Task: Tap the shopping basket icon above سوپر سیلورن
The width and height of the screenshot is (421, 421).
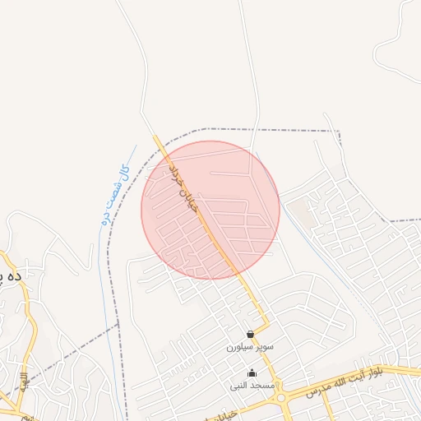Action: pos(250,334)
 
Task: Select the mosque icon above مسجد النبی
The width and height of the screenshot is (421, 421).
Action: pos(252,373)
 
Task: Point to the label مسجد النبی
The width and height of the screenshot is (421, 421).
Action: pos(252,386)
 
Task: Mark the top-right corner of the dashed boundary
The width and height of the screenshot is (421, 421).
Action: pos(338,131)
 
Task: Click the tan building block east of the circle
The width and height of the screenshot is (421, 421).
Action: pos(303,213)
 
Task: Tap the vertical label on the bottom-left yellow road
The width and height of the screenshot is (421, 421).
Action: pos(25,382)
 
